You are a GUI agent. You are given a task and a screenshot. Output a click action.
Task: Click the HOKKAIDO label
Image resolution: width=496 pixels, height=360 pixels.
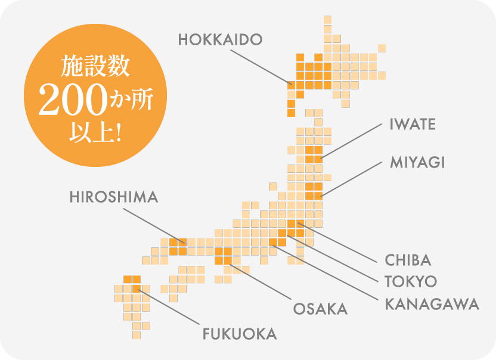(220, 40)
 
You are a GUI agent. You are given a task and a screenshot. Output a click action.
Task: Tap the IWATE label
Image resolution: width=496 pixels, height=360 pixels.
(413, 125)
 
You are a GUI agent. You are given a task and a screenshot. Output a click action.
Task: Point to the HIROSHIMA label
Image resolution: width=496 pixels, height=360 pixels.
(114, 197)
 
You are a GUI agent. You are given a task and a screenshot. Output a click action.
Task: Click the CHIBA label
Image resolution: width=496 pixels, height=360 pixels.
(408, 260)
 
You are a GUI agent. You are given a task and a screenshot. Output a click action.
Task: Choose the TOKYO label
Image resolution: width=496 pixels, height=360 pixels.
(411, 281)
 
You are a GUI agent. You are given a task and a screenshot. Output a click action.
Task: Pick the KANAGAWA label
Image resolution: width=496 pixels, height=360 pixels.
(432, 303)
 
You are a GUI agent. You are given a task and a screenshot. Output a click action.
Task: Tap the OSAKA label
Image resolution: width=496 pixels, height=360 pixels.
(320, 309)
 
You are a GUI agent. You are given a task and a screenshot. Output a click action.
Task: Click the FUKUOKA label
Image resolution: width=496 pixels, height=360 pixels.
(240, 334)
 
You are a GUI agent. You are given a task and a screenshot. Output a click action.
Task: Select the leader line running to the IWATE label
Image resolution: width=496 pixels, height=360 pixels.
(351, 141)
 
